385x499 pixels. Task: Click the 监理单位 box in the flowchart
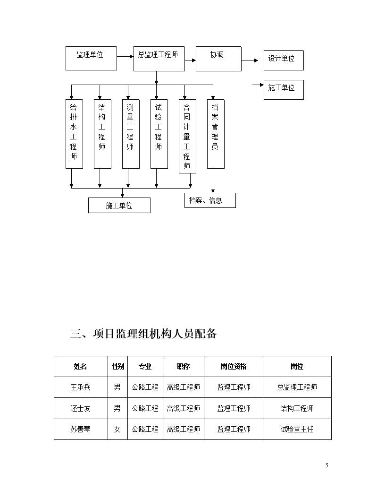pos(91,58)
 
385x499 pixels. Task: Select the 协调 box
pos(218,59)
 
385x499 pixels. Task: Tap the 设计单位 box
pos(284,60)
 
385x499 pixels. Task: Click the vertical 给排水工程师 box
pos(74,134)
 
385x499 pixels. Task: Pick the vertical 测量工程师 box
pos(131,134)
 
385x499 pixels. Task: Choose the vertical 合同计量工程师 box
pos(187,136)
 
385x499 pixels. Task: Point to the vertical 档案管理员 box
pos(216,134)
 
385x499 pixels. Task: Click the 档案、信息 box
pos(210,200)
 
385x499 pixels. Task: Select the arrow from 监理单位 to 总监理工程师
pos(125,57)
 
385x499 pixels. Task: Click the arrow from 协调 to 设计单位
pos(250,60)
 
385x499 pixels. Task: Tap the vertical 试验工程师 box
pos(159,134)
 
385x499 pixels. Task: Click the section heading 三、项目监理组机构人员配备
pos(143,334)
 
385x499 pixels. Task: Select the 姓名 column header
pos(80,366)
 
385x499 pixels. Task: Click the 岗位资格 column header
pos(234,366)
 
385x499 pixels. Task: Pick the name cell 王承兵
pos(80,387)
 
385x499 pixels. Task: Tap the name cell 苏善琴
pos(80,430)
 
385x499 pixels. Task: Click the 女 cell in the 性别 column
pos(117,430)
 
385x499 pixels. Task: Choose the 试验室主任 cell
pos(297,430)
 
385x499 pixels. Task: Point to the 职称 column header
pos(183,366)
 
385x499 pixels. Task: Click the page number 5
pos(326,465)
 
